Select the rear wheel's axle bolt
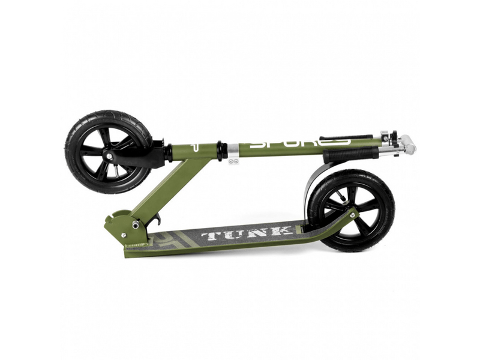pyautogui.click(x=352, y=213)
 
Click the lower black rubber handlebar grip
pyautogui.click(x=351, y=155)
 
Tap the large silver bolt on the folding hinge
pyautogui.click(x=136, y=224)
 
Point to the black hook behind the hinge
pyautogui.click(x=157, y=221)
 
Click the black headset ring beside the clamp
pyautogui.click(x=222, y=150)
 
